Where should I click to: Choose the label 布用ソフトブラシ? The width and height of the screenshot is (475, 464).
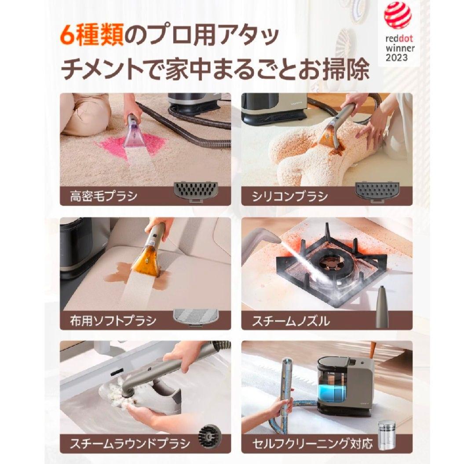[x=113, y=320]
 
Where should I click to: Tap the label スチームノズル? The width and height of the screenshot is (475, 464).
[x=291, y=320]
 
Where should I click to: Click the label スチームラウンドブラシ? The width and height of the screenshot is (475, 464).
[x=130, y=442]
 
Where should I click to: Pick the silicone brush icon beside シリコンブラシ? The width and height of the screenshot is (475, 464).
[x=376, y=191]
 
